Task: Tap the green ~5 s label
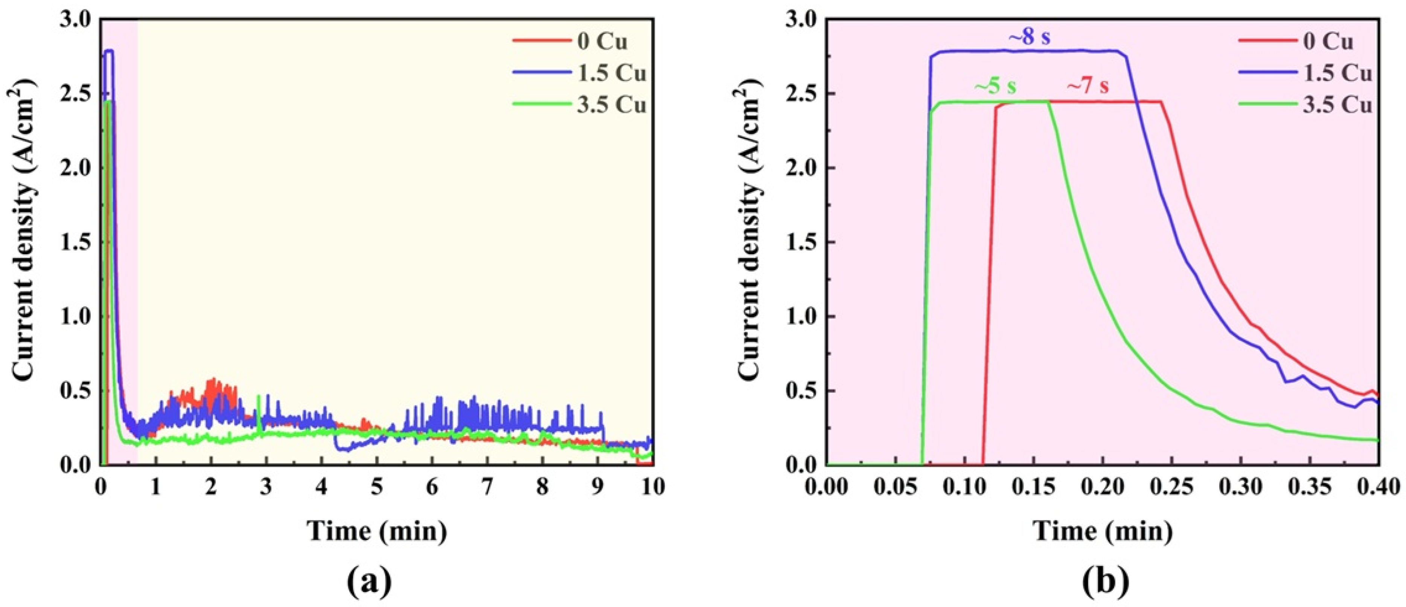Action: pyautogui.click(x=996, y=87)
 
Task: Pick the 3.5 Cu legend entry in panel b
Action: pyautogui.click(x=1336, y=105)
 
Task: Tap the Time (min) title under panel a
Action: pyautogui.click(x=376, y=531)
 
